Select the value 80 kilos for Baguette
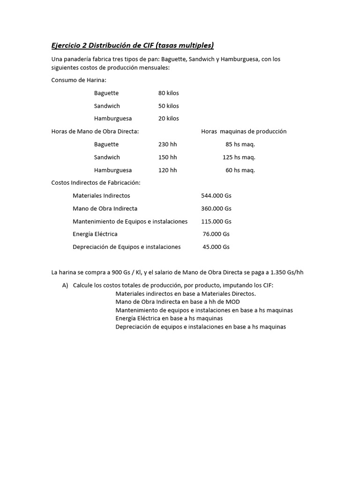168,93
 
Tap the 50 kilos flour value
168,106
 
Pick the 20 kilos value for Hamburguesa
168,119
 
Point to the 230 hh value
168,144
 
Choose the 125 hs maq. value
239,157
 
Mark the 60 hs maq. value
240,170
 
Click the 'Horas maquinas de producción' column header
243,132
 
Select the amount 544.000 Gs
216,195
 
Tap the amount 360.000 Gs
216,209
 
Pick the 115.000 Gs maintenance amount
216,221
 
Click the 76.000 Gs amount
216,234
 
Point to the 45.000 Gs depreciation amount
216,247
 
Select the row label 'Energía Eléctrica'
95,234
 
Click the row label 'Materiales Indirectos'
101,195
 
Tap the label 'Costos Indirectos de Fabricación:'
96,183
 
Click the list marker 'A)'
65,285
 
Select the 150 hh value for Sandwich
168,157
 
